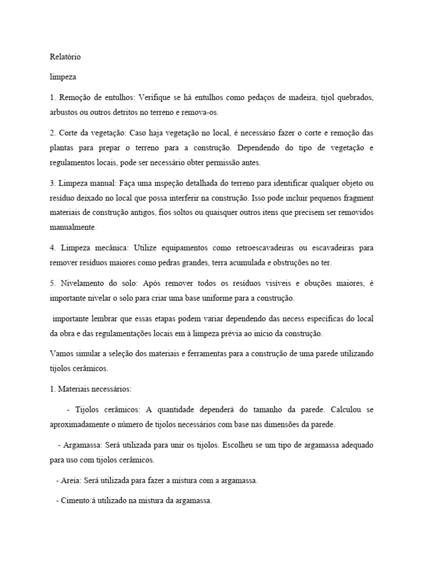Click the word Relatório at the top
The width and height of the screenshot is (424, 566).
tap(65, 56)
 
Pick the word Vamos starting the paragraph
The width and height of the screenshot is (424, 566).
tap(61, 353)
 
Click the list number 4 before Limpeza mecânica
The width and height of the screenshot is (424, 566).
tap(52, 248)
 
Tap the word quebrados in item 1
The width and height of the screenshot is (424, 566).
tap(354, 97)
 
